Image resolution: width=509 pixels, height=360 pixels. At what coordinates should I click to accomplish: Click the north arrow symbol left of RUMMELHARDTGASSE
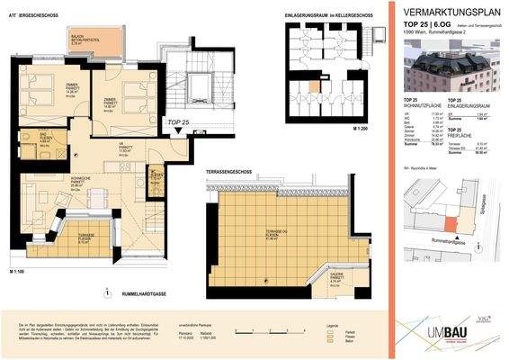point(107,292)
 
